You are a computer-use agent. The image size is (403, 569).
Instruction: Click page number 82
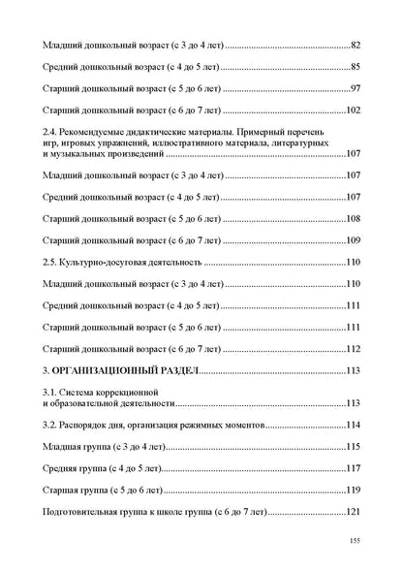[356, 46]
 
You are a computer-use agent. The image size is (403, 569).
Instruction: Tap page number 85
[356, 67]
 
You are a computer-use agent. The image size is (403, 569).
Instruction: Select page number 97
[356, 88]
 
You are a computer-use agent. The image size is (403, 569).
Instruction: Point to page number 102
[354, 110]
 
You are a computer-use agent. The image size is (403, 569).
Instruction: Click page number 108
[354, 219]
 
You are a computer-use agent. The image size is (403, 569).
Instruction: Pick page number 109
[354, 240]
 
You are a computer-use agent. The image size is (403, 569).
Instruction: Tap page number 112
[354, 350]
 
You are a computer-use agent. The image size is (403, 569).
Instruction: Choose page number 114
[354, 426]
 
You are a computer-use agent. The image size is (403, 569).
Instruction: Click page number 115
[354, 447]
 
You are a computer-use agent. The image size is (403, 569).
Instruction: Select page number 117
[354, 468]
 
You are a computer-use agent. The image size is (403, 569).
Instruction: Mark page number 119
[354, 490]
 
